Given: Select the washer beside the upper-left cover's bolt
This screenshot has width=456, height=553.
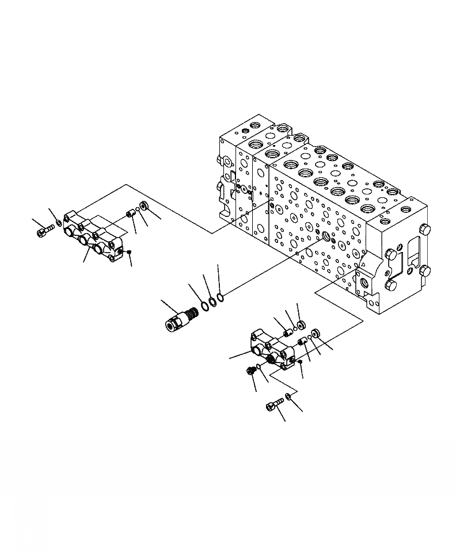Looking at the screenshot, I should coord(59,223).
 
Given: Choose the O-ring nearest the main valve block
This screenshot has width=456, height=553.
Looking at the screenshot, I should coord(222,297).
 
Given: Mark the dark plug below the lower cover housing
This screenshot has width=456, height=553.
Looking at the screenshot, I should coord(251,371).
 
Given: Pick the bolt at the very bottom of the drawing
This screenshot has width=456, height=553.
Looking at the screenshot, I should coord(273,406).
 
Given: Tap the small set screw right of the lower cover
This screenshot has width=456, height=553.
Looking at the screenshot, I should coord(301,361).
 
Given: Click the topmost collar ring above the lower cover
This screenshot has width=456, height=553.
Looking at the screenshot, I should coord(299,326).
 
